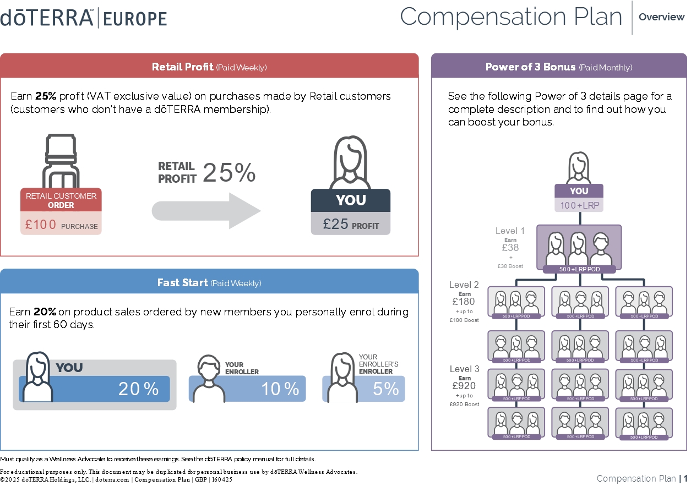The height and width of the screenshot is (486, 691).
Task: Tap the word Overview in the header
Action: [x=661, y=17]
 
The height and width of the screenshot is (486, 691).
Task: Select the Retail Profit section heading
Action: [x=209, y=67]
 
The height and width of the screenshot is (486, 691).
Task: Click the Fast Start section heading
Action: [x=209, y=283]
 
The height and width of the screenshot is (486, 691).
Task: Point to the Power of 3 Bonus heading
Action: [x=558, y=67]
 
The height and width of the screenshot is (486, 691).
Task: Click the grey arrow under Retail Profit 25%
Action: [x=206, y=211]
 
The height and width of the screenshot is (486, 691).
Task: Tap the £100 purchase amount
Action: [x=41, y=225]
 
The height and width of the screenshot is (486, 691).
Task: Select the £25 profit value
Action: [x=334, y=224]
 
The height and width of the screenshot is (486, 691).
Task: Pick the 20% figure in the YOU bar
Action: [x=138, y=389]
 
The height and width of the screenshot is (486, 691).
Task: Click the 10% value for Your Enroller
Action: [x=280, y=389]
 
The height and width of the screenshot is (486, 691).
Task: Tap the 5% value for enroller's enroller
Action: [x=385, y=389]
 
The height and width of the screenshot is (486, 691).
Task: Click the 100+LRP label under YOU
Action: [x=579, y=205]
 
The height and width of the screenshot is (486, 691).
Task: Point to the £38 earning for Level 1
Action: [x=510, y=248]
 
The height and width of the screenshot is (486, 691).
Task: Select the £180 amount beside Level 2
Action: [x=464, y=302]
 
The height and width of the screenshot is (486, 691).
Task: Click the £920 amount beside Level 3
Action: [x=464, y=386]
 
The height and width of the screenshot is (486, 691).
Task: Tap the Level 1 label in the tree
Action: [x=510, y=231]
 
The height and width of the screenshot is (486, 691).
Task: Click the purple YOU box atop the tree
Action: [x=579, y=191]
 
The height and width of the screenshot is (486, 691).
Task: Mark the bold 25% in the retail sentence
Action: [x=46, y=96]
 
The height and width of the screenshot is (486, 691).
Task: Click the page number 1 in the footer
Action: [x=685, y=478]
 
